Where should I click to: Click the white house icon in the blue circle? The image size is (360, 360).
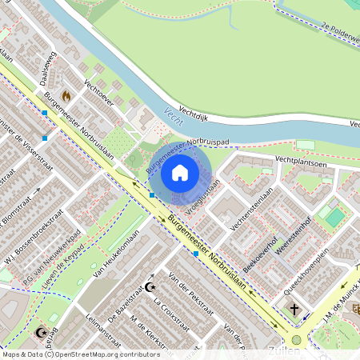pyautogui.click(x=180, y=172)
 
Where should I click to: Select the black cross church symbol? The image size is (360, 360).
pyautogui.click(x=294, y=310)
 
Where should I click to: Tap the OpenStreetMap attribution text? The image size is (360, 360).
pyautogui.click(x=80, y=354)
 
